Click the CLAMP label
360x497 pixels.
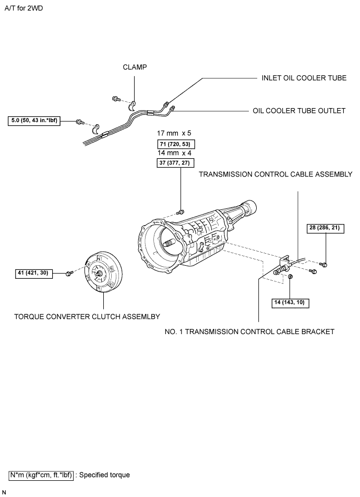click(x=135, y=67)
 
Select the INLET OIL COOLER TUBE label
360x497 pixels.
click(x=304, y=78)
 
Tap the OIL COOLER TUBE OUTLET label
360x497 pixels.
click(x=299, y=111)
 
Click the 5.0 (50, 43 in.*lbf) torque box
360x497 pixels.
click(x=34, y=121)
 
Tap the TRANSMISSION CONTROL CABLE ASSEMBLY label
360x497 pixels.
click(x=275, y=174)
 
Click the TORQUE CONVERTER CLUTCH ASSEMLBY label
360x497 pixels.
click(x=87, y=317)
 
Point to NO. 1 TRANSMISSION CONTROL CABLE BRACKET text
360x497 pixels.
click(x=250, y=332)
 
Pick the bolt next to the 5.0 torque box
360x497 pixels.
click(x=79, y=122)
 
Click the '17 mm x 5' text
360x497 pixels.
click(x=174, y=133)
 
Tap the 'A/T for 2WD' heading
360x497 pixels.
click(x=24, y=8)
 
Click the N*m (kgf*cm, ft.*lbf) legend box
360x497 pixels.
click(x=41, y=476)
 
